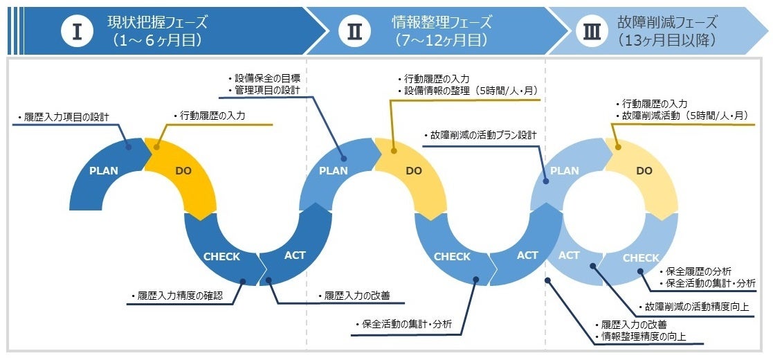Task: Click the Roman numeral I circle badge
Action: point(78,33)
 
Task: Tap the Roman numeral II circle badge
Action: point(354,33)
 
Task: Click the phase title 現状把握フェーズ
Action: point(158,22)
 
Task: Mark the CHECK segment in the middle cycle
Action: point(451,257)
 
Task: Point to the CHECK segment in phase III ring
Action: point(641,258)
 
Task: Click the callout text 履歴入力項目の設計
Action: point(64,118)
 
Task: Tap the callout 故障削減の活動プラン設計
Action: point(480,136)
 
